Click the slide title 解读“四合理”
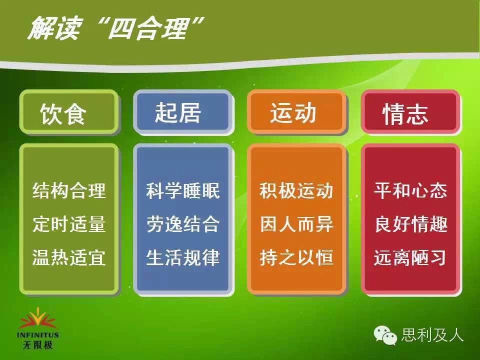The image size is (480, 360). [x=115, y=28]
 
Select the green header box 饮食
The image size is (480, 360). [x=69, y=112]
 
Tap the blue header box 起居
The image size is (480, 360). [x=183, y=112]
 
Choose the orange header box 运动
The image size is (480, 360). [x=296, y=112]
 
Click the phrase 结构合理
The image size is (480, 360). [x=69, y=190]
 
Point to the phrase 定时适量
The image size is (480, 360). [x=69, y=224]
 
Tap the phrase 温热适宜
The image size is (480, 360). [x=69, y=257]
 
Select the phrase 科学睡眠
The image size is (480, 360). [x=183, y=190]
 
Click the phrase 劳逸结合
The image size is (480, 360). [x=183, y=224]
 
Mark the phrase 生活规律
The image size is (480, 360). [x=183, y=257]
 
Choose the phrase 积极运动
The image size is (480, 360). [x=296, y=190]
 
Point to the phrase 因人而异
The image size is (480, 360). [x=296, y=224]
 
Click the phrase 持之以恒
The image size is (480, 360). [x=296, y=257]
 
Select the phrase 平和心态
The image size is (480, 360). [x=411, y=190]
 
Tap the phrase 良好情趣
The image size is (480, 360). [x=411, y=224]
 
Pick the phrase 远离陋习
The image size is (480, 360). [x=410, y=257]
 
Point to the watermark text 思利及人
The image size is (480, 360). [x=432, y=334]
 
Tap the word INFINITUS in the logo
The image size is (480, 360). [x=38, y=335]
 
